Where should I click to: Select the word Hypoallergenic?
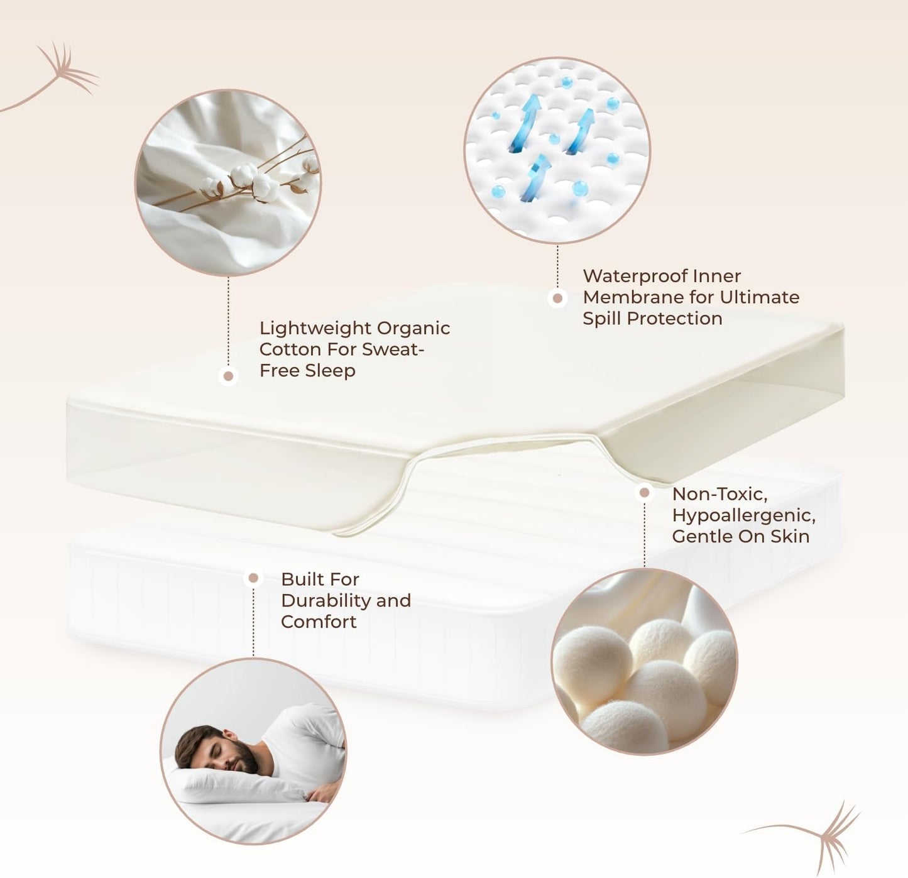743,515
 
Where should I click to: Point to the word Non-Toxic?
719,494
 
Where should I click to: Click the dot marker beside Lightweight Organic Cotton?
229,376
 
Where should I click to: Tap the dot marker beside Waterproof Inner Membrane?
557,299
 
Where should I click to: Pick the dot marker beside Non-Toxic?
644,493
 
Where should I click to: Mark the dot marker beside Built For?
253,578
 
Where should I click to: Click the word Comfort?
318,622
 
